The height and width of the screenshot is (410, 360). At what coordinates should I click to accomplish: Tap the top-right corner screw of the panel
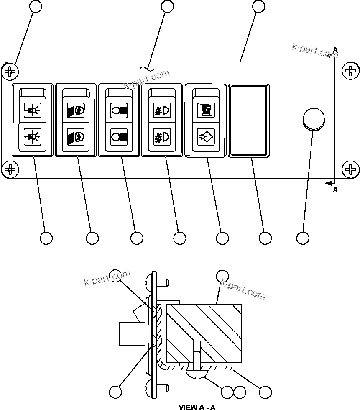coord(350,72)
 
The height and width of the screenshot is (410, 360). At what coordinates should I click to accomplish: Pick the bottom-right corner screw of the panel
coord(350,169)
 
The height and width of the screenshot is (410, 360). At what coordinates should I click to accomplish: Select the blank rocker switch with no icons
coord(249,120)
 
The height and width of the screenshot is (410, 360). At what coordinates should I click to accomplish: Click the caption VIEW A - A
coord(197,407)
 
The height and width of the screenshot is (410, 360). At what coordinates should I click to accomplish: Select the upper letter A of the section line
coord(335,50)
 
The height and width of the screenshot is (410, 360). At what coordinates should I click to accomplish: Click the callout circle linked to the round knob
coord(303,238)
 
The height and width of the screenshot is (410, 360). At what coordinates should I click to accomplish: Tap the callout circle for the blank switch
coord(265,238)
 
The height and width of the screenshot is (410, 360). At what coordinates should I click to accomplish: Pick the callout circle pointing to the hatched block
coord(222,276)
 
